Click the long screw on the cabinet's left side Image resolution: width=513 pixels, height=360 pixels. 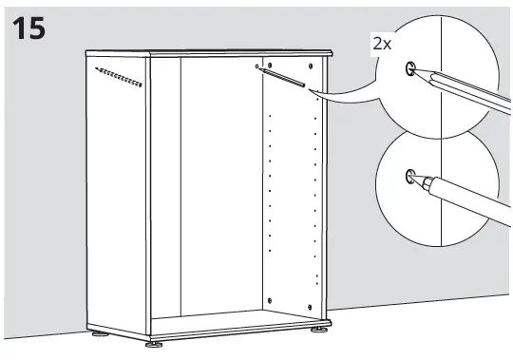tap(119, 78)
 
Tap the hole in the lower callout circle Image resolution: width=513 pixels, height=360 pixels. tap(409, 174)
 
